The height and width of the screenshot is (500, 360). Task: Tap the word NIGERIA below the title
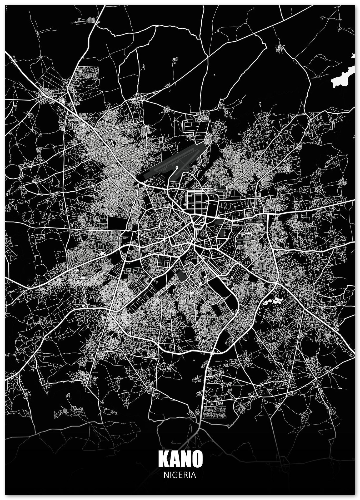pos(180,475)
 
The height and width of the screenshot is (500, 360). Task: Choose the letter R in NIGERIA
pos(186,475)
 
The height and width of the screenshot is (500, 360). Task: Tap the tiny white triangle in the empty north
pos(214,75)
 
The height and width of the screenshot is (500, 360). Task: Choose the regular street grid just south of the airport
pos(196,203)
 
